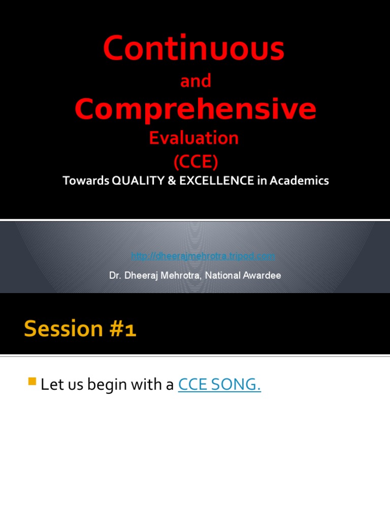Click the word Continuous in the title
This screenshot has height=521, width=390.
click(193, 49)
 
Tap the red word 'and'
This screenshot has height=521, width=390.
click(196, 81)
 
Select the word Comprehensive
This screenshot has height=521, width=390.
click(196, 109)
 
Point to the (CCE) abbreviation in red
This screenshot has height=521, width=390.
click(196, 162)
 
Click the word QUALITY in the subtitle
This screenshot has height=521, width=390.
click(134, 181)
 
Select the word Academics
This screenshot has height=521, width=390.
click(300, 181)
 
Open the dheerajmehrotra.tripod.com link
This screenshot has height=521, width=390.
click(203, 256)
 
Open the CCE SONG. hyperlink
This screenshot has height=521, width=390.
click(219, 385)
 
